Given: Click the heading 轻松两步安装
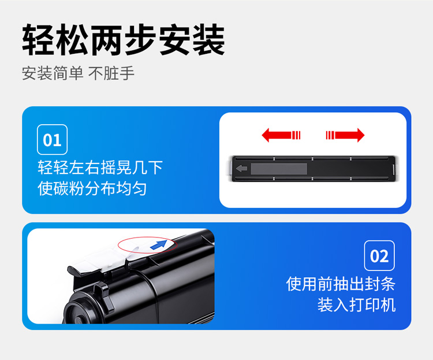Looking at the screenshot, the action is (124, 40).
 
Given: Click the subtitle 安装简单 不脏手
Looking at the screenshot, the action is (78, 73).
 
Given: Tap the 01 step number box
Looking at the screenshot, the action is (52, 139).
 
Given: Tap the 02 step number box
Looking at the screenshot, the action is (379, 255).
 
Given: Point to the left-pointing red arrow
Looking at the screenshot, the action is (281, 135).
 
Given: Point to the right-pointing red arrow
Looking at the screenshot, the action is (345, 135).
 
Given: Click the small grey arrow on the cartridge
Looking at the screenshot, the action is (242, 168).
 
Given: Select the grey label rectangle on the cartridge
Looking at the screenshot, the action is (279, 169).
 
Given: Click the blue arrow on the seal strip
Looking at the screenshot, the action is (159, 244).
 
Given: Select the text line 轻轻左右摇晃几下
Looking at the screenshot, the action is (100, 168).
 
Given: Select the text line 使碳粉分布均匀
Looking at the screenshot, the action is (92, 188).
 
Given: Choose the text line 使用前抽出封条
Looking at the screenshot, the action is (341, 284).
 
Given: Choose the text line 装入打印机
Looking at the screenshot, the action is (357, 305).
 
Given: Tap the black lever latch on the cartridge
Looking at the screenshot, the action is (103, 296).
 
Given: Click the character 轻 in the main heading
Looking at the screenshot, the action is (38, 40).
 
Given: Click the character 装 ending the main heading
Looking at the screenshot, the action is (209, 40).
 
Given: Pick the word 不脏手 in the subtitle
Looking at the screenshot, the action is (111, 73).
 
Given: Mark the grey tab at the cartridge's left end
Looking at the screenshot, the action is (230, 168).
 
